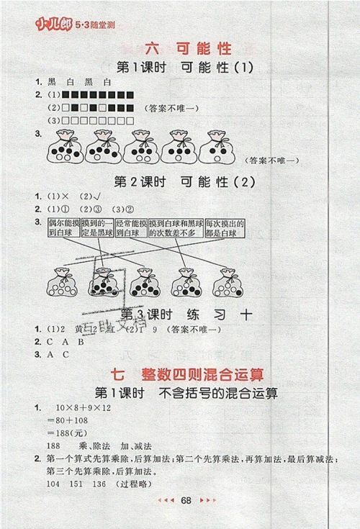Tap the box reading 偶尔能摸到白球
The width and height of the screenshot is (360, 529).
[61, 230]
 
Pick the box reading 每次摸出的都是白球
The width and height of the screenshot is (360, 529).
[225, 230]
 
